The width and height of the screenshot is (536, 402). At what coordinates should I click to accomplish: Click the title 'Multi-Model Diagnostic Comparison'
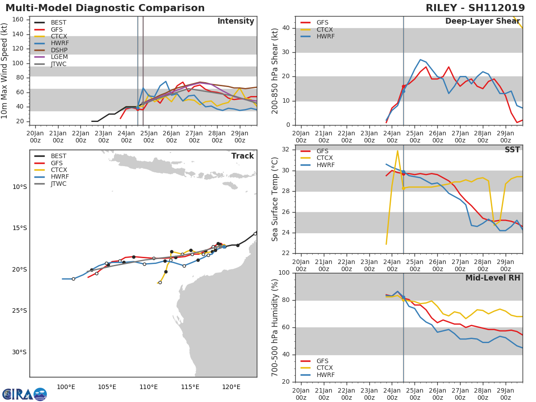pos(105,8)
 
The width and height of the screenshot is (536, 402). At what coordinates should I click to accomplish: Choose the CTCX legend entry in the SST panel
pos(325,158)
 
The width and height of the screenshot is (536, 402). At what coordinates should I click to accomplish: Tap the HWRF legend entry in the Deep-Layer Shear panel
pos(325,36)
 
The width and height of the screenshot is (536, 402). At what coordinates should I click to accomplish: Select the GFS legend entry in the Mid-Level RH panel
pos(325,361)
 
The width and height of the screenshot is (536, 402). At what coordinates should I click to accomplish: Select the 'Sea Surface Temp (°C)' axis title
pos(276,199)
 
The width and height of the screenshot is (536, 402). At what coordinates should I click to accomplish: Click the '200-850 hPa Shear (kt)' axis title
pos(276,71)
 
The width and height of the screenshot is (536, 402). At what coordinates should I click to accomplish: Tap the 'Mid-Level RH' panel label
pos(493,278)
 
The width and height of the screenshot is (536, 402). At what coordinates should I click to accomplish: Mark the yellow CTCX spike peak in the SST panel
pos(398,151)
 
